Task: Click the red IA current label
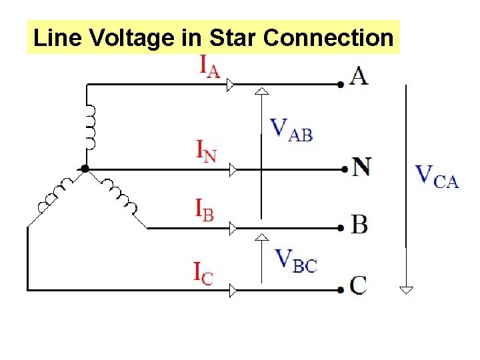[x=210, y=67]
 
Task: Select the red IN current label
[x=205, y=152]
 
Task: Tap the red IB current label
[x=205, y=210]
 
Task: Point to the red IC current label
[x=203, y=273]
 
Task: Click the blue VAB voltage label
[x=291, y=129]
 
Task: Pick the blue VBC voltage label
[x=296, y=261]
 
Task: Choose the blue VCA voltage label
[x=437, y=175]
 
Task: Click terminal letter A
[x=359, y=77]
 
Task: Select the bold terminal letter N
[x=361, y=166]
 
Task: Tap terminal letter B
[x=359, y=225]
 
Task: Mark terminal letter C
[x=359, y=285]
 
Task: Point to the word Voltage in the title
[x=132, y=38]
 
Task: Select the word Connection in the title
[x=329, y=38]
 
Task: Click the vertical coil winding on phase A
[x=89, y=127]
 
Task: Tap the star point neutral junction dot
[x=85, y=169]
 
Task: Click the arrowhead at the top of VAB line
[x=263, y=91]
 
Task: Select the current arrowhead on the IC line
[x=233, y=290]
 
